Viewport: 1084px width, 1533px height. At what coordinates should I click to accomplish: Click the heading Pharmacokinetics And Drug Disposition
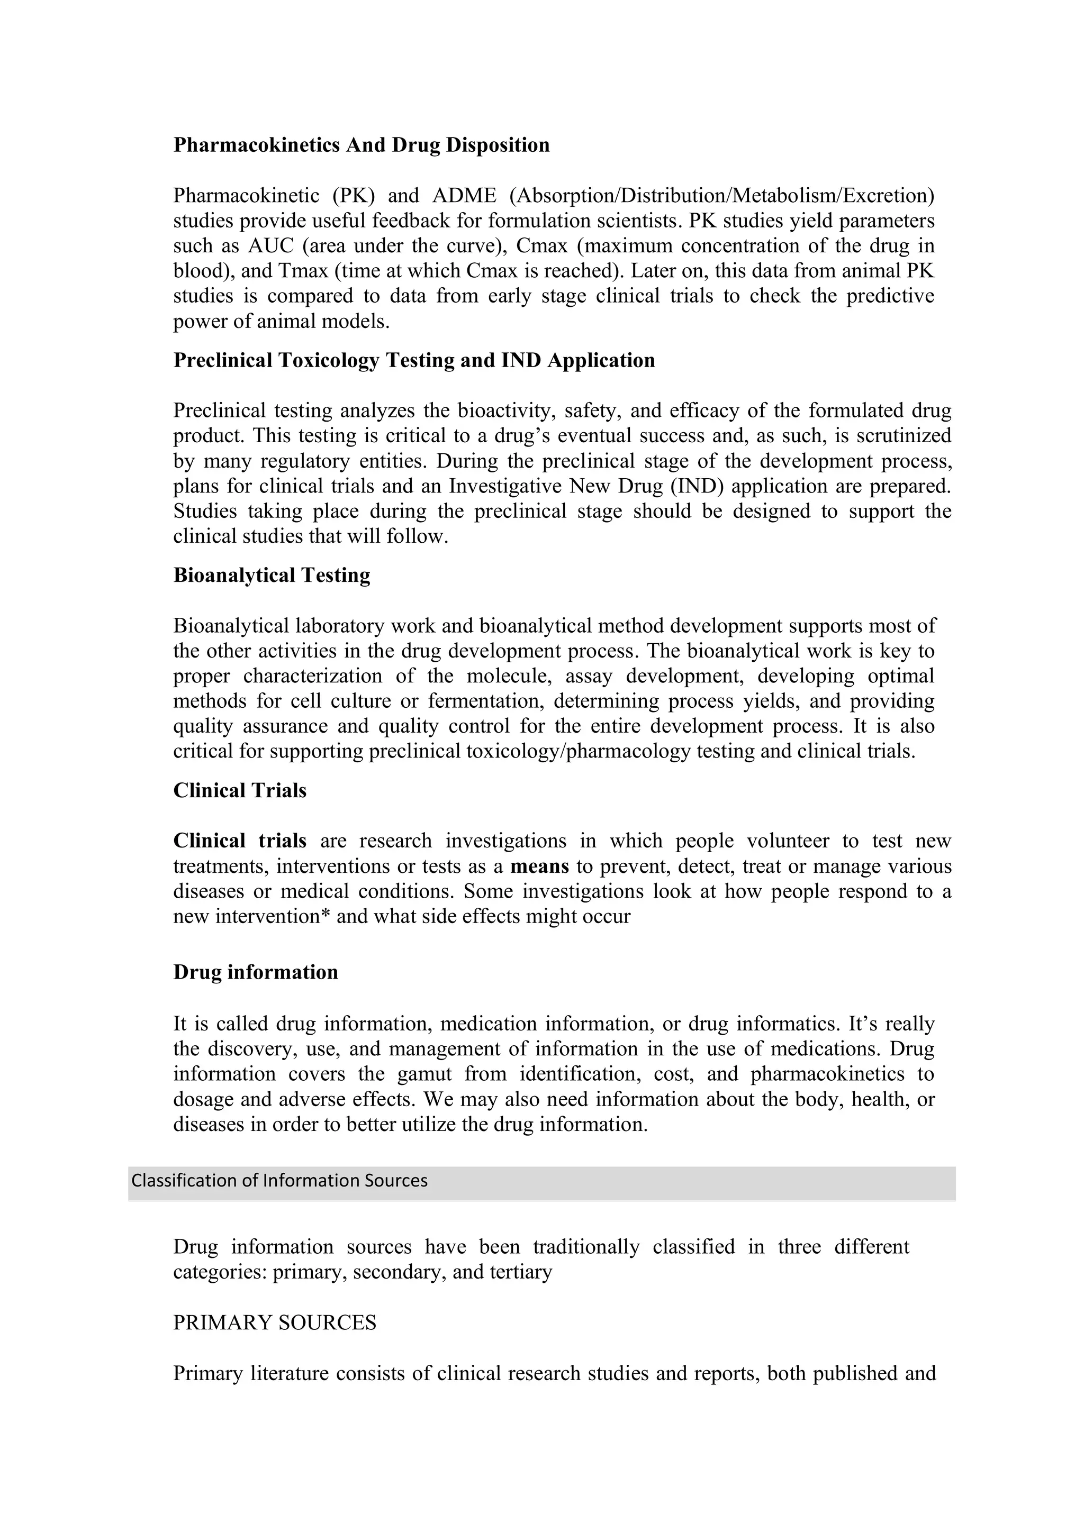362,145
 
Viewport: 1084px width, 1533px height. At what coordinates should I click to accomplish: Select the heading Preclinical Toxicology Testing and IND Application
414,361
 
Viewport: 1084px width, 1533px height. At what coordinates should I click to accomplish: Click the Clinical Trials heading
240,790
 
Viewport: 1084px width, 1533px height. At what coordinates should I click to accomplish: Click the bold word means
540,866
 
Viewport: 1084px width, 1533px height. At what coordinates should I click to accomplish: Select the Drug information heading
256,972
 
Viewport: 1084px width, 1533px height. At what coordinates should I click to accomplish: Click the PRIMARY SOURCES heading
275,1322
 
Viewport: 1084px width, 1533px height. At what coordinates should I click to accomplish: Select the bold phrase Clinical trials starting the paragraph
240,841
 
